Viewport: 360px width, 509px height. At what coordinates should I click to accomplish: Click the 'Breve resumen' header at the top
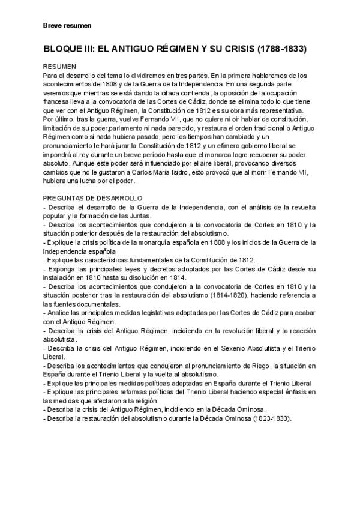coord(67,26)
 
